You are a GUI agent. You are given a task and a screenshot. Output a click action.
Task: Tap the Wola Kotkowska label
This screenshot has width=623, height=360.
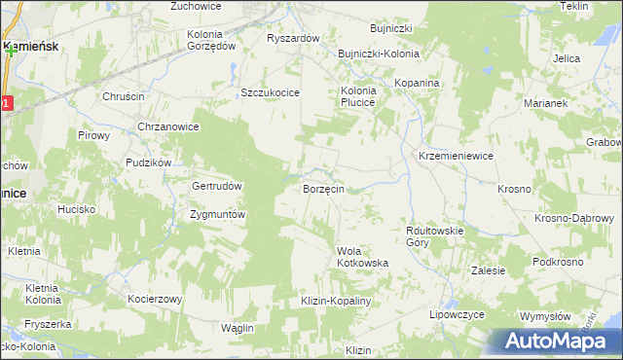pos(363,257)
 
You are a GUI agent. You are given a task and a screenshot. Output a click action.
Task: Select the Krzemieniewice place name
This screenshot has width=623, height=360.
pos(456,156)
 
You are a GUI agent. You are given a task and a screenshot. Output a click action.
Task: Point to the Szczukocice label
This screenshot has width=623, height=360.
pos(270,92)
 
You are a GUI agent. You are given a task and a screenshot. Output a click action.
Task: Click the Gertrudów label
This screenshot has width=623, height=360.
pos(216,185)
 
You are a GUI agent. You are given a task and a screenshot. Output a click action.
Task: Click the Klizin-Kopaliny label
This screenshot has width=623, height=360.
pos(337,302)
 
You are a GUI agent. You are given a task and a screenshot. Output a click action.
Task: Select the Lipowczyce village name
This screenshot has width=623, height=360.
pos(457,316)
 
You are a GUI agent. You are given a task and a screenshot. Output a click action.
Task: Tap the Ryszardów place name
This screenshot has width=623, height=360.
pos(293,38)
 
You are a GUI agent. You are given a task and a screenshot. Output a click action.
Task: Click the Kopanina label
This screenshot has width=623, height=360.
pos(418,84)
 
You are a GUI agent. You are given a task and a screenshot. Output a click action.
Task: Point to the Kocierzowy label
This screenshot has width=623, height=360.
pos(155,299)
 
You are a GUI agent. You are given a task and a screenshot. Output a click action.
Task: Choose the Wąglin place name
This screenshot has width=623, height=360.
pos(237,328)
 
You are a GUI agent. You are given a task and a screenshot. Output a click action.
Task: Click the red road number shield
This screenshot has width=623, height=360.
pos(6,102)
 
